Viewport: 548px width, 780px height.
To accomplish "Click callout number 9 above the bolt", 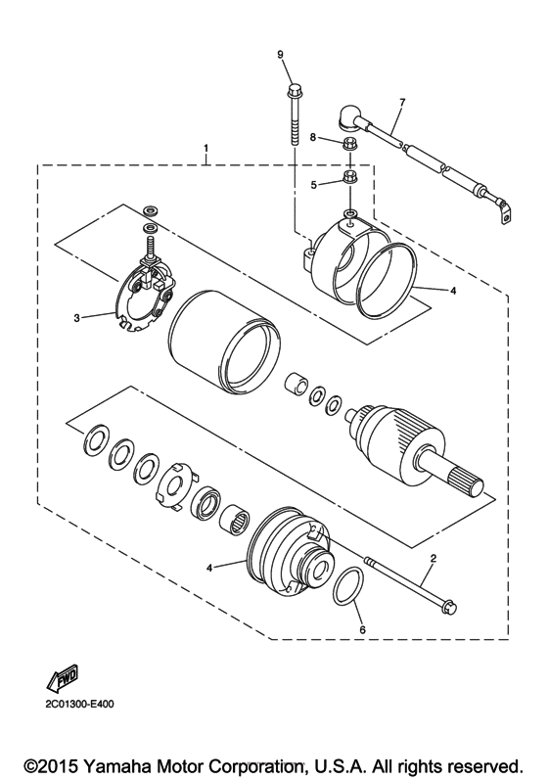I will click(x=280, y=55).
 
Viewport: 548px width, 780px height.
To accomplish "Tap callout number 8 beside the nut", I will click(x=312, y=138).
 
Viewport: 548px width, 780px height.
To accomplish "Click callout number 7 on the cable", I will click(x=401, y=103).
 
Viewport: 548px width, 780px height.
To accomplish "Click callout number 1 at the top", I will click(x=206, y=149).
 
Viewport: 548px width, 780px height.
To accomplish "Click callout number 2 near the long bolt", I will click(x=432, y=558).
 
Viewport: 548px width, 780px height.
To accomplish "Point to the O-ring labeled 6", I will click(x=345, y=591).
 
